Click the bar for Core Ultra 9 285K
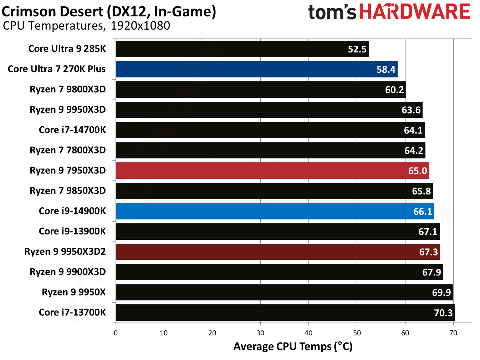tap(242, 49)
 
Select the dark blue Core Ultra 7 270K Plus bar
tap(256, 69)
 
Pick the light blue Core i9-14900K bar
tap(275, 211)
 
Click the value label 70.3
tap(443, 313)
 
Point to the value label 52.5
tap(357, 49)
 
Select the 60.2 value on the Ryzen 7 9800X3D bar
tap(394, 90)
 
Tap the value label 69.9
tap(441, 293)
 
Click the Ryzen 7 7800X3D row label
tap(68, 150)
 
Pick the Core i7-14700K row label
tap(72, 130)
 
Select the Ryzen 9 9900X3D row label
tap(68, 272)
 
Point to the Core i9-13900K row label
tap(72, 231)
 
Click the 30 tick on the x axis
tap(260, 333)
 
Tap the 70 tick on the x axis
tap(453, 333)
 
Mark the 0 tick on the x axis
tap(116, 333)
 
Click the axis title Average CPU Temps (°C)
tap(293, 346)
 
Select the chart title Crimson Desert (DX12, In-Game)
tap(109, 11)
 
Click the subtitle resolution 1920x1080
tap(140, 26)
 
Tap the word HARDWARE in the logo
tap(414, 12)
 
